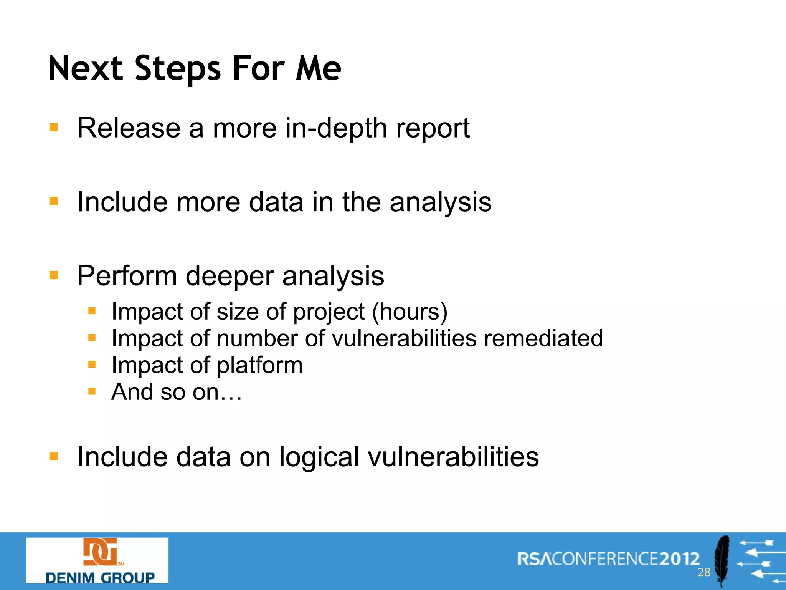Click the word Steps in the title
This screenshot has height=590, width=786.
pyautogui.click(x=178, y=69)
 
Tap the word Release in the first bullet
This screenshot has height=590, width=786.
pyautogui.click(x=129, y=128)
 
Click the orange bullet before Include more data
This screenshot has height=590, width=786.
pyautogui.click(x=54, y=201)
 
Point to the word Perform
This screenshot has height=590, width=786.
pyautogui.click(x=127, y=276)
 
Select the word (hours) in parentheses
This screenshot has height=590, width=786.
pyautogui.click(x=410, y=312)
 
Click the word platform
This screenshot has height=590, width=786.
pyautogui.click(x=260, y=366)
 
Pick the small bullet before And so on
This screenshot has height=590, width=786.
pyautogui.click(x=92, y=391)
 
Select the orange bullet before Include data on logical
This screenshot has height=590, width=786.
pyautogui.click(x=54, y=456)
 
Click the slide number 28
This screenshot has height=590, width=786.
pyautogui.click(x=704, y=572)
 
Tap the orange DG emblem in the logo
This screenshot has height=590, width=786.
pyautogui.click(x=100, y=552)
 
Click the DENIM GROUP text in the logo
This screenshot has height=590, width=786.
pyautogui.click(x=100, y=577)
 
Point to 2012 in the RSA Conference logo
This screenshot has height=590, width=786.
pyautogui.click(x=679, y=559)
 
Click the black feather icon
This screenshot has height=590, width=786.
pyautogui.click(x=722, y=559)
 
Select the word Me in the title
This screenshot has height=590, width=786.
pyautogui.click(x=318, y=69)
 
